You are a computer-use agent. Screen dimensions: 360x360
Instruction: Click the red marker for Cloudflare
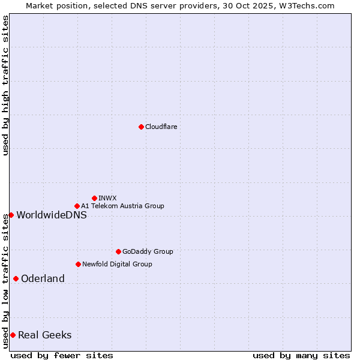click(141, 127)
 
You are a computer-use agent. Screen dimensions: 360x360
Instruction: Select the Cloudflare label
click(161, 127)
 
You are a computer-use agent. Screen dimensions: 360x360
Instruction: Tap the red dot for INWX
click(94, 198)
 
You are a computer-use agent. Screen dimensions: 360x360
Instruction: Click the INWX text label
click(107, 198)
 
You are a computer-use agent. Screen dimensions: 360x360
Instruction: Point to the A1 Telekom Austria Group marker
click(77, 206)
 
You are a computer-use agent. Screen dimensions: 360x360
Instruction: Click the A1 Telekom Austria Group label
click(122, 206)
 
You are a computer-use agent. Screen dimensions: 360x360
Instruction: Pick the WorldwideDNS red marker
click(11, 215)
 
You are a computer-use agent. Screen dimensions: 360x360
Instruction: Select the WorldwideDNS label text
click(52, 215)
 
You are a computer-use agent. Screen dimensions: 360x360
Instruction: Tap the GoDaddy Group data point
click(118, 251)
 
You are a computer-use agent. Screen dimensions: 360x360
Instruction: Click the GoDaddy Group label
click(148, 251)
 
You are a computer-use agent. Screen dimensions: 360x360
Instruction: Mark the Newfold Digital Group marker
click(78, 264)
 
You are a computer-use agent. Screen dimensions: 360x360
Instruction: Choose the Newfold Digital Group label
click(117, 264)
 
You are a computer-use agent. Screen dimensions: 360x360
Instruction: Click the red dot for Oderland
click(16, 278)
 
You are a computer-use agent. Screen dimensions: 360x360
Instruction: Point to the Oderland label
click(43, 278)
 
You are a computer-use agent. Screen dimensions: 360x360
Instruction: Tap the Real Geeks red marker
click(13, 335)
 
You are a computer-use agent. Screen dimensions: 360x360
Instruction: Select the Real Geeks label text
click(45, 335)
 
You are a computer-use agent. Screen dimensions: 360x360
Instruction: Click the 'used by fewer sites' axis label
click(62, 355)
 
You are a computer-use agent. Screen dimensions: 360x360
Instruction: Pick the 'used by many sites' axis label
click(301, 355)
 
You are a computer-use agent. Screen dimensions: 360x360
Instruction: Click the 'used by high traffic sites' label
click(5, 85)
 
